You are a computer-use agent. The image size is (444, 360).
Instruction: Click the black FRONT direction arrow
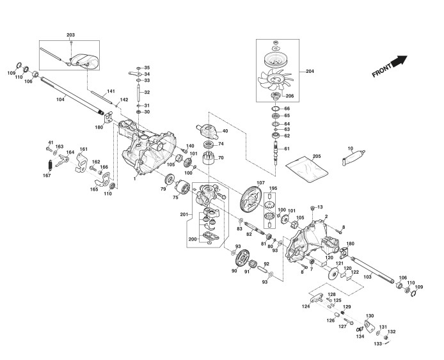coord(399,61)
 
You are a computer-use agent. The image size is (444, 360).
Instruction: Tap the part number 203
coord(70,34)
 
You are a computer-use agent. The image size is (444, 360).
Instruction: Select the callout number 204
coord(310,70)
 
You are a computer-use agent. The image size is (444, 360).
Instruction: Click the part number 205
coord(316,157)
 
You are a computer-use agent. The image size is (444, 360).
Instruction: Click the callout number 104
coord(61,99)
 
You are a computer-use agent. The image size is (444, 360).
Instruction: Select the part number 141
coord(111,91)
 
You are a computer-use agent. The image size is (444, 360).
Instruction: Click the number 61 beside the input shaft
coord(287,149)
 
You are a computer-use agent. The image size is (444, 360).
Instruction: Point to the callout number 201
coord(184,214)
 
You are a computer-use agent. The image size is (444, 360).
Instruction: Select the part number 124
coord(306,306)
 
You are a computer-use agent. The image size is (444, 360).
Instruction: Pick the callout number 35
coord(147,68)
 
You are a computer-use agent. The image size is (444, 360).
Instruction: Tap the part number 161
coord(83,149)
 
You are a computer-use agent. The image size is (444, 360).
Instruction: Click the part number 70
coord(221,157)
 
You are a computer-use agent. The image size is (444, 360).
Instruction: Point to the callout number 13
coord(321,207)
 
